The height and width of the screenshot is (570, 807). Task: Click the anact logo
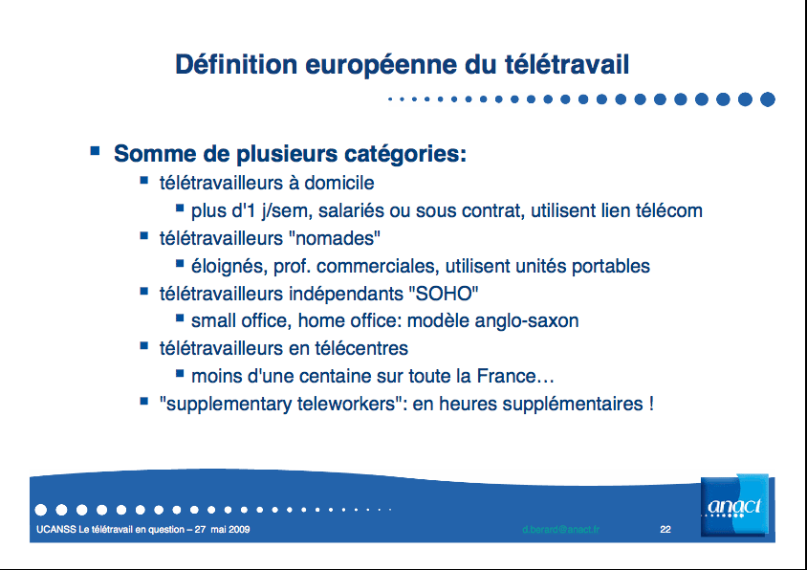(x=734, y=506)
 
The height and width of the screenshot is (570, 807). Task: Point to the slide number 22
(x=665, y=529)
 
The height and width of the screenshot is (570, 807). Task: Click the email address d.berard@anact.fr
(x=560, y=529)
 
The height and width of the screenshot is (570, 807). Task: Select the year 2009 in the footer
(x=239, y=529)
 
